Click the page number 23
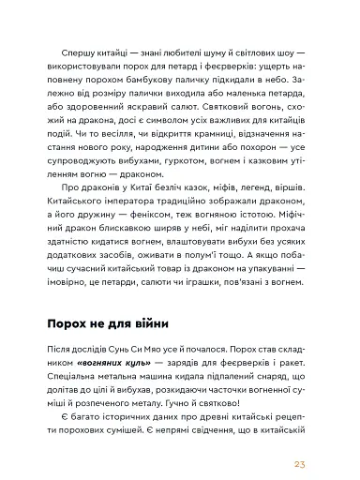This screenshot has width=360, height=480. (325, 437)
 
